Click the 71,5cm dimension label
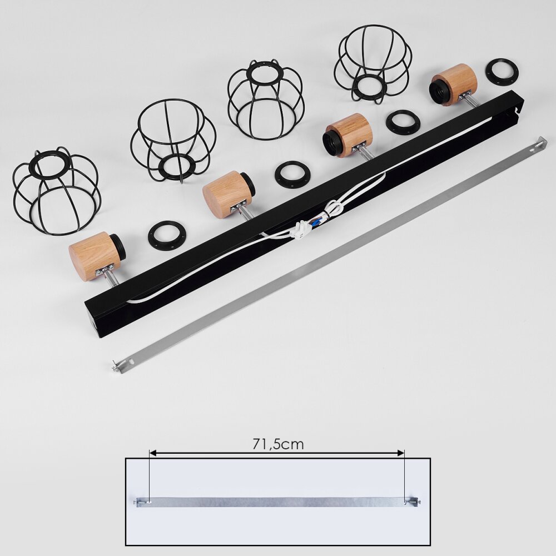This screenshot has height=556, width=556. (x=278, y=444)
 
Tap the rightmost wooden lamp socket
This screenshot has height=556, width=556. (x=454, y=85)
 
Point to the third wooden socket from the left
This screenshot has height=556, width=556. (x=348, y=135)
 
